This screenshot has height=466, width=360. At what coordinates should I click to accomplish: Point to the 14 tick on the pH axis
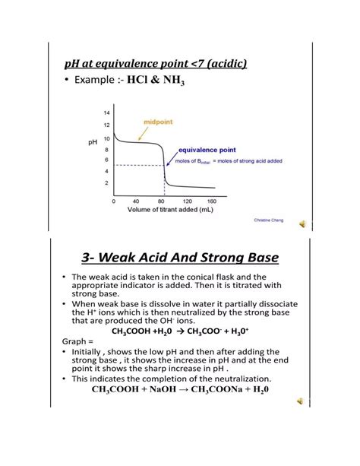[x=106, y=113]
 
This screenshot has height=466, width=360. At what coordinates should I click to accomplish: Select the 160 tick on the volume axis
[x=211, y=201]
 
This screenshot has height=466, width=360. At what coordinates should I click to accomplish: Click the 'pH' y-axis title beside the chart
[x=93, y=142]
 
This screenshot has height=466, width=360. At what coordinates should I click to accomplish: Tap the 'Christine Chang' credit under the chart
[x=270, y=219]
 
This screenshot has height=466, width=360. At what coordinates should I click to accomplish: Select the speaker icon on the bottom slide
[x=302, y=401]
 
